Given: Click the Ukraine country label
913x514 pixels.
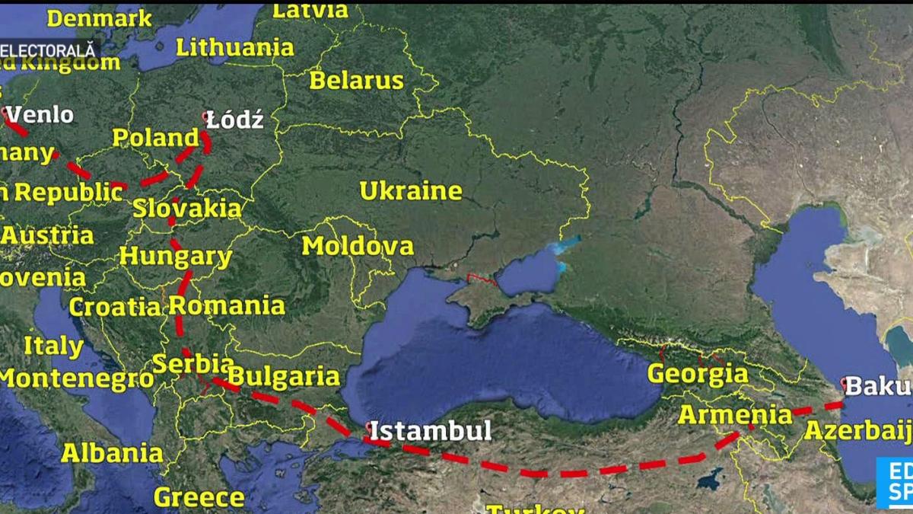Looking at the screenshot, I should click(x=411, y=191).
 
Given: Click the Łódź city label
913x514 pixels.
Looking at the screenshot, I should click(x=236, y=120).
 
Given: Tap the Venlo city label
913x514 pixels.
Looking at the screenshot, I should click(x=40, y=115).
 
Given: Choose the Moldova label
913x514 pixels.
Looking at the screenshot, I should click(x=358, y=246).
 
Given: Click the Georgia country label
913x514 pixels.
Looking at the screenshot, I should click(x=698, y=374).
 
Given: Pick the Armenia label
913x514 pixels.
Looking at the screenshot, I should click(x=735, y=415).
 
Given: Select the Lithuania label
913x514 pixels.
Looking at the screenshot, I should click(x=234, y=47).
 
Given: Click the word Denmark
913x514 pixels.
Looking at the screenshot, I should click(x=99, y=18).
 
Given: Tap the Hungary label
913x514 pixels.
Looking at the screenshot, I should click(x=176, y=257).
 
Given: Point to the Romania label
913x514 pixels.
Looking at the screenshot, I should click(x=227, y=306).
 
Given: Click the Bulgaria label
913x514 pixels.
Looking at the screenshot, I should click(x=283, y=376).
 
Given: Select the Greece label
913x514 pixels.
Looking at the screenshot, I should click(x=199, y=498).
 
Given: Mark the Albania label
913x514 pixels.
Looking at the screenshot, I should click(x=112, y=453).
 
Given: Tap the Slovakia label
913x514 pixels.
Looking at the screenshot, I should click(x=187, y=208).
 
